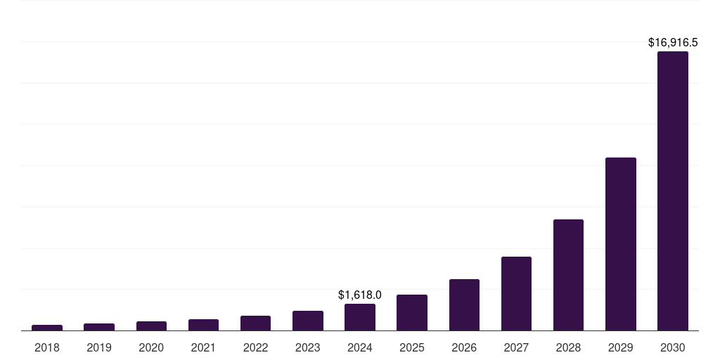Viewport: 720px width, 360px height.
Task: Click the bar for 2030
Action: click(672, 191)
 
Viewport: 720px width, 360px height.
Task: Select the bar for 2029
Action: click(620, 244)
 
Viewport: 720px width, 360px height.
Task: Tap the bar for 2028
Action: click(568, 275)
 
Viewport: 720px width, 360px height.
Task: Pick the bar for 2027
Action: click(516, 293)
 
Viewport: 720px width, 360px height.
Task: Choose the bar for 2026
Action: click(464, 304)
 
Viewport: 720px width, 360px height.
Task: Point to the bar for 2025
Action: click(412, 312)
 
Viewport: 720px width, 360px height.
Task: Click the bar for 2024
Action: click(360, 317)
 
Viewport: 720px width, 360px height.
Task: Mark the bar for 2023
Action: click(308, 321)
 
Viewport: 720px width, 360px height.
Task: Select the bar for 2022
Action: click(255, 323)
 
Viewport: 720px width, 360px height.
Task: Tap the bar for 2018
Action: click(47, 328)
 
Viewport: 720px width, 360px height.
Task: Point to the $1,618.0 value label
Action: click(360, 295)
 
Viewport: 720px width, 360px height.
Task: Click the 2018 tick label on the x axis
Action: click(47, 347)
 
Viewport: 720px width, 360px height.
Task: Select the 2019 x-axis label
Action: click(99, 347)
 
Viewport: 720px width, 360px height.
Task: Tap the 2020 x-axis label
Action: click(151, 347)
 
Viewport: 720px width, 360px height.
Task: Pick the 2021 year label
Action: click(203, 347)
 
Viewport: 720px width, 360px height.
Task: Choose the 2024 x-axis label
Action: click(360, 347)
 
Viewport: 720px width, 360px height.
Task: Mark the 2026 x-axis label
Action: click(464, 347)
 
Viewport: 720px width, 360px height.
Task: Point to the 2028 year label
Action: click(568, 347)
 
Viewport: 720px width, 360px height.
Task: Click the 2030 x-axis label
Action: click(672, 347)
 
